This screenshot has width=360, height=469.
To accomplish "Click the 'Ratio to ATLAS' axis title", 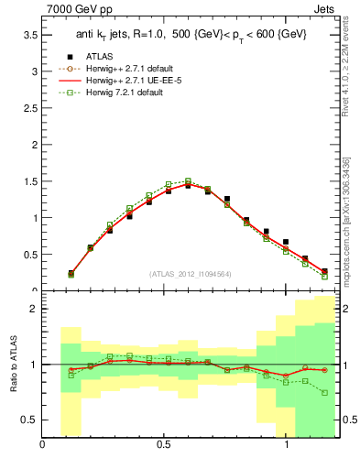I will coord(13,364).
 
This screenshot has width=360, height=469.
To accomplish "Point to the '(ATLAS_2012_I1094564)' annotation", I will coord(190,274).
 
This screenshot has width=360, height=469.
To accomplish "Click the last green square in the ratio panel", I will coord(324,393).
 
